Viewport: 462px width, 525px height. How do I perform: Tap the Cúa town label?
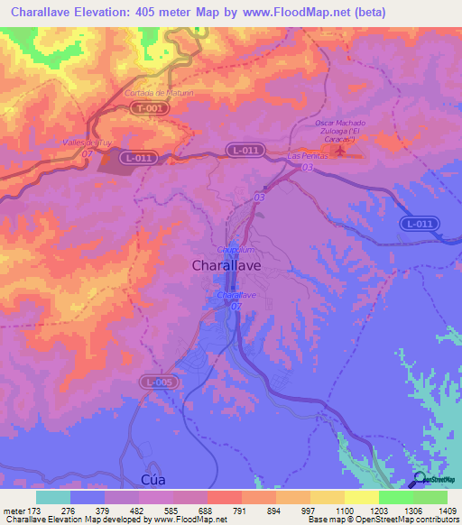(x=131, y=478)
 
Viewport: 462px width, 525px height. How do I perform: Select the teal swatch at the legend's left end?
(x=52, y=497)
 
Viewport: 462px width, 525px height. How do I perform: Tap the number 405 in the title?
(x=167, y=13)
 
